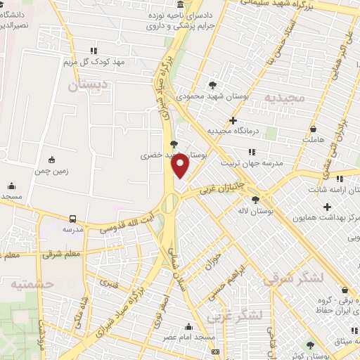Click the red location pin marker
181,167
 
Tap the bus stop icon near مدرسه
72,219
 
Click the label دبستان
88,86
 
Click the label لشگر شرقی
293,279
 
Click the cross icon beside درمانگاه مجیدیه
233,120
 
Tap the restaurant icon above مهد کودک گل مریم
94,50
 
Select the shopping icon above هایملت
314,129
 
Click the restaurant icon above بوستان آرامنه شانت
340,179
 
